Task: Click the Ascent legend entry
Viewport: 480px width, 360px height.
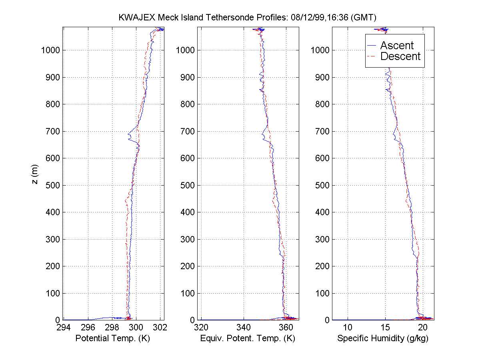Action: tap(396, 46)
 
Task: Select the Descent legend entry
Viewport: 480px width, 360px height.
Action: tap(400, 56)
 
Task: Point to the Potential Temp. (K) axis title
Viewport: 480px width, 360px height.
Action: tap(112, 338)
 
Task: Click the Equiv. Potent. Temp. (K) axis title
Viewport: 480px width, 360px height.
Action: tap(248, 338)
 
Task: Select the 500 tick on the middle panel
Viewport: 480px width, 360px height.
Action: tap(188, 185)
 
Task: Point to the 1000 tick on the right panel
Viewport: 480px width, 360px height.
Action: tap(321, 50)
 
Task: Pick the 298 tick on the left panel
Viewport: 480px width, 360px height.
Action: tap(112, 328)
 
